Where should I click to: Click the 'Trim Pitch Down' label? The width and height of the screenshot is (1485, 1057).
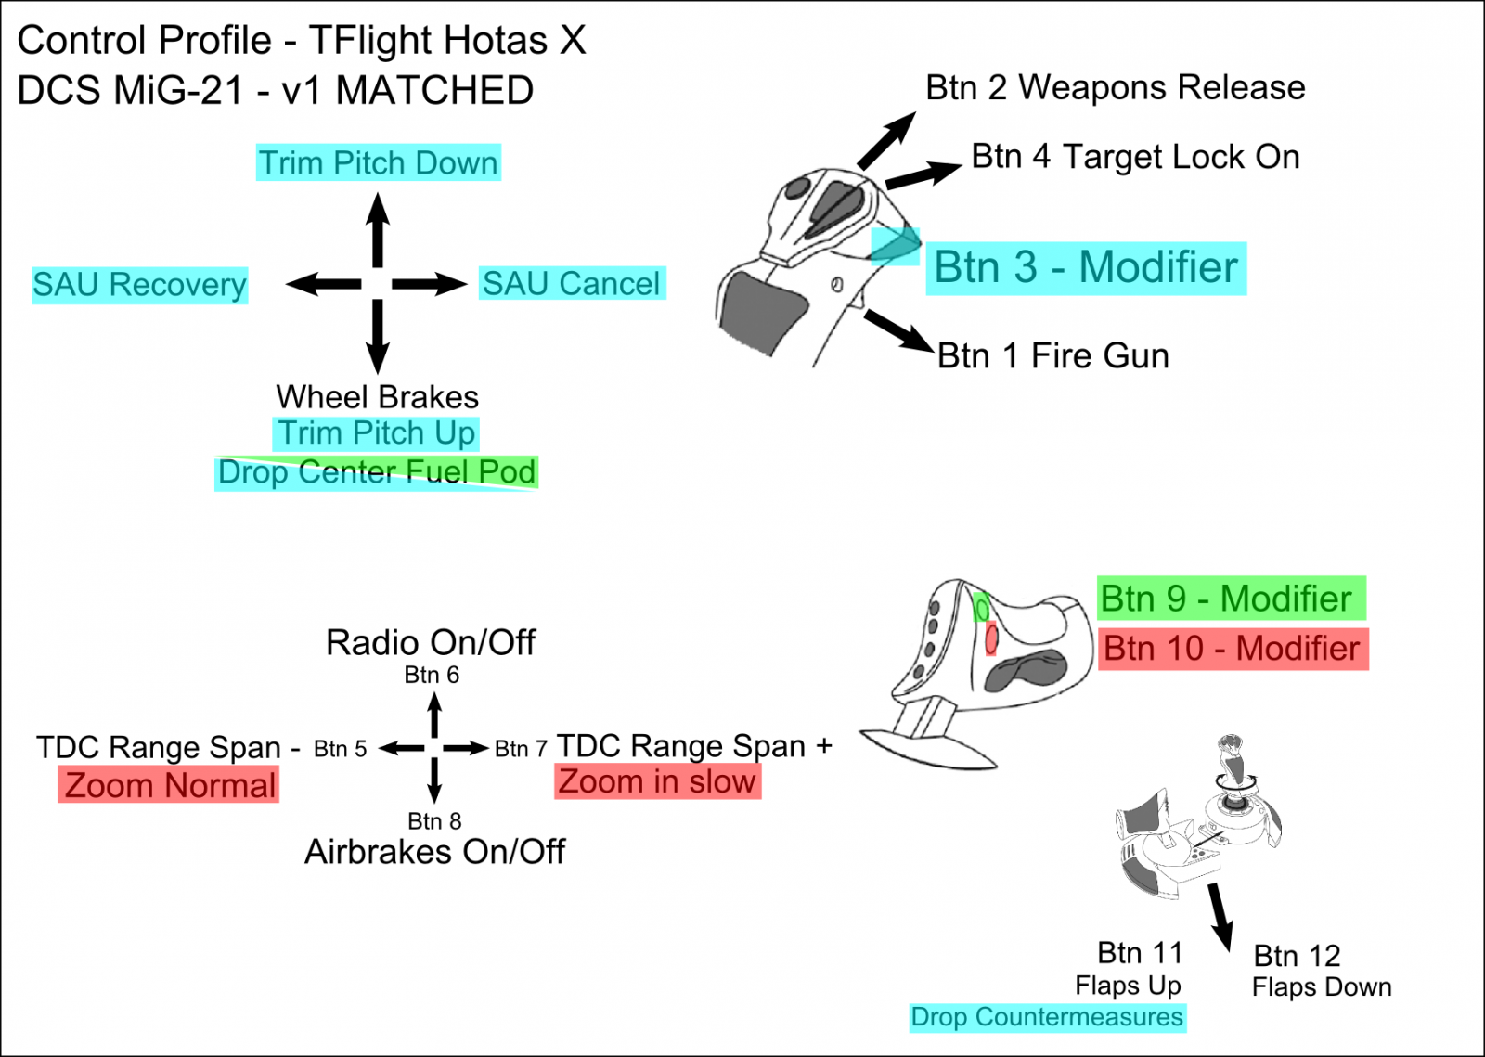(x=378, y=163)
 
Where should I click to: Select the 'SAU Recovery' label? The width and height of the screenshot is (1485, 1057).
(x=139, y=285)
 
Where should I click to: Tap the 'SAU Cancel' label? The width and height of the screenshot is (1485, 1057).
(x=572, y=284)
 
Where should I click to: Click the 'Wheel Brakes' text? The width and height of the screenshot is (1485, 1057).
(x=377, y=397)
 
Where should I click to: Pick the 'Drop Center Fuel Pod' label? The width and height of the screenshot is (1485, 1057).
(x=376, y=472)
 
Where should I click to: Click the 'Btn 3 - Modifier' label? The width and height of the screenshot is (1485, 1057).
(x=1085, y=268)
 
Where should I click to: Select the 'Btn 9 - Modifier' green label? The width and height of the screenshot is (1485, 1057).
(x=1225, y=599)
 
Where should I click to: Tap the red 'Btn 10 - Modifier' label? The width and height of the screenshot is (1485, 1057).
(x=1232, y=648)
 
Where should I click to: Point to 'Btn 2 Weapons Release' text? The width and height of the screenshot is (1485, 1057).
(x=1115, y=88)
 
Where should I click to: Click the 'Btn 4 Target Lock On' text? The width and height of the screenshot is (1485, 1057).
(x=1135, y=157)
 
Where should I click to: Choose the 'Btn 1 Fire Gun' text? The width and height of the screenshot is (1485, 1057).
(x=1052, y=356)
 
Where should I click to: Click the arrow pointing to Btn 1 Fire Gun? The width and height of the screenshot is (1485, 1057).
(x=897, y=330)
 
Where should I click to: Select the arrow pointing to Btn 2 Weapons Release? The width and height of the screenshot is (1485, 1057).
(x=886, y=139)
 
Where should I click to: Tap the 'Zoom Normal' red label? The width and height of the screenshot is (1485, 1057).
(x=169, y=785)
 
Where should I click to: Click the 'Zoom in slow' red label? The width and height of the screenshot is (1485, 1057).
(x=657, y=781)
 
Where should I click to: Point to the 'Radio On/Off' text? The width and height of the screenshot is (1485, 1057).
(x=430, y=642)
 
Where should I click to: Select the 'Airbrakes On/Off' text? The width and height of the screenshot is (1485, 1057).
(x=434, y=852)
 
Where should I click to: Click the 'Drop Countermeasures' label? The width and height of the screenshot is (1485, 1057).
(x=1046, y=1017)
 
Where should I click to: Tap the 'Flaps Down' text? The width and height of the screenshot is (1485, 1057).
(x=1321, y=987)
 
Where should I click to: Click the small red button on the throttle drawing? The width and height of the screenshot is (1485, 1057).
(x=991, y=638)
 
